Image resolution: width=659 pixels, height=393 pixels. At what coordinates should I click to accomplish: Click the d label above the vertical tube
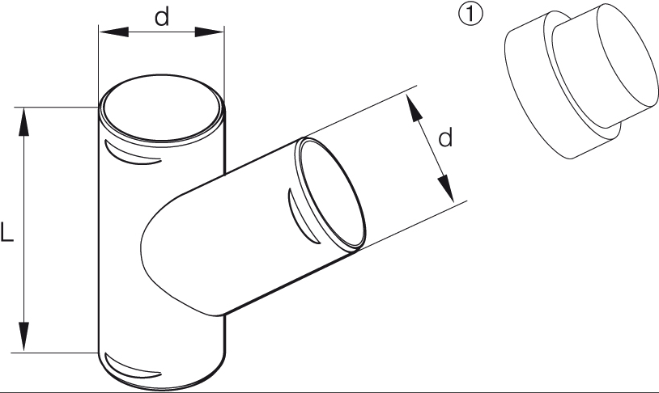pyautogui.click(x=162, y=17)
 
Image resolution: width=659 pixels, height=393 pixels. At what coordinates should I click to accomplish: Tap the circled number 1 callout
pyautogui.click(x=470, y=14)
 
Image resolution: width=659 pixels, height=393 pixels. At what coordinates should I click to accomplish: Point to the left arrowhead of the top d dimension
pyautogui.click(x=113, y=32)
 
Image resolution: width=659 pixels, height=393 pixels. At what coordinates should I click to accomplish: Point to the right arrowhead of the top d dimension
pyautogui.click(x=210, y=32)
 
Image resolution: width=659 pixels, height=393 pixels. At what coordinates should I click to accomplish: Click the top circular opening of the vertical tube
pyautogui.click(x=161, y=111)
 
